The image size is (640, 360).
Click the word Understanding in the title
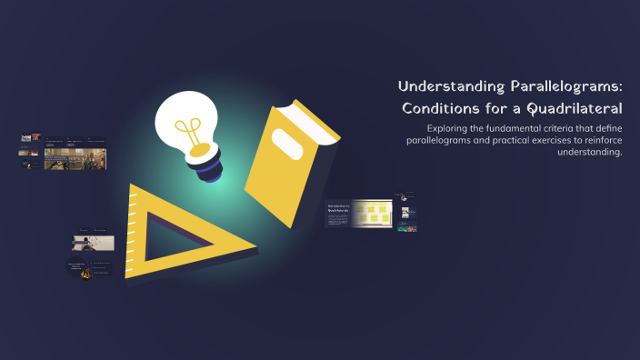tap(443, 87)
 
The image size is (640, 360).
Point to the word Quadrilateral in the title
tap(575, 109)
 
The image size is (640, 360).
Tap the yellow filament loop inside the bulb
tap(191, 127)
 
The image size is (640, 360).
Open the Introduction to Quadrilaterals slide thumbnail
tap(338, 215)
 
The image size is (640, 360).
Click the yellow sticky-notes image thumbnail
tap(373, 215)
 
